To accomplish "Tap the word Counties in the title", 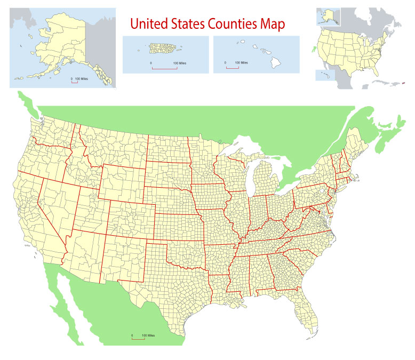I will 237,24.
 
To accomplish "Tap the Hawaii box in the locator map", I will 323,75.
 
